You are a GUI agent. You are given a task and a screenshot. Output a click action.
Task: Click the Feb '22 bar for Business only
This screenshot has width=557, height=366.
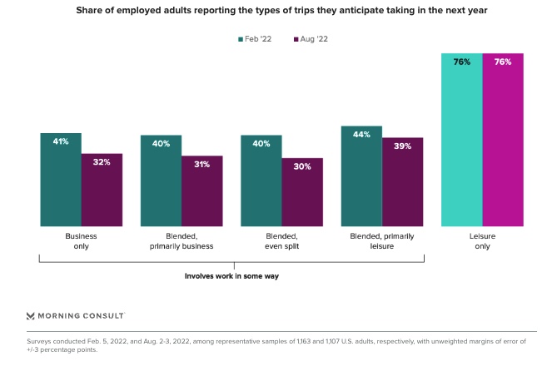[x=61, y=180]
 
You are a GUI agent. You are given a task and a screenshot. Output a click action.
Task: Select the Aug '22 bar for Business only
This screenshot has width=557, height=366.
[x=102, y=190]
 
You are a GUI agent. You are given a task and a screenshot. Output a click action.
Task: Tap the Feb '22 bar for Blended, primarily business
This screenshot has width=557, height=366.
[x=161, y=181]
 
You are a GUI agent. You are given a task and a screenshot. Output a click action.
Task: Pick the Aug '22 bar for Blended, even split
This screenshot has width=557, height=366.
[x=302, y=192]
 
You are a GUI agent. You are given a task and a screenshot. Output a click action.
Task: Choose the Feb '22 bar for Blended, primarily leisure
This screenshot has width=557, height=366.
[x=361, y=176]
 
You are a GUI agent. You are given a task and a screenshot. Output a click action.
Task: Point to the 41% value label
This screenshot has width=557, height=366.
[x=61, y=141]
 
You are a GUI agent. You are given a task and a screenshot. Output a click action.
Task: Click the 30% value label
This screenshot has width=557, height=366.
[x=302, y=166]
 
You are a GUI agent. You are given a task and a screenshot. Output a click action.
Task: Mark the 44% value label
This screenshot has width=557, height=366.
[x=361, y=135]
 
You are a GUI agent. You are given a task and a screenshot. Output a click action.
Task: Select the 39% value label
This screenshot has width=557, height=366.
[x=402, y=146]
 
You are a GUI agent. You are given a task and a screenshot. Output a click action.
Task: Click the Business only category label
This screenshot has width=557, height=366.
[x=81, y=241]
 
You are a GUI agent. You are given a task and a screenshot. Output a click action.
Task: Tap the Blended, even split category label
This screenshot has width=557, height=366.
[x=281, y=241]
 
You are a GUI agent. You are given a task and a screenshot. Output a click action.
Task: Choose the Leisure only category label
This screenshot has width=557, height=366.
[x=482, y=241]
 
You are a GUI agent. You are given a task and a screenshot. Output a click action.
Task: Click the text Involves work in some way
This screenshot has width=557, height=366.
[x=231, y=275]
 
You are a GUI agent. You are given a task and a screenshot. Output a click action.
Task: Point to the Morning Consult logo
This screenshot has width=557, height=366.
[x=75, y=316]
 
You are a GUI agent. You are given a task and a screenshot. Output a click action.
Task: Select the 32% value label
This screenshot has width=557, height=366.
[x=102, y=162]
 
